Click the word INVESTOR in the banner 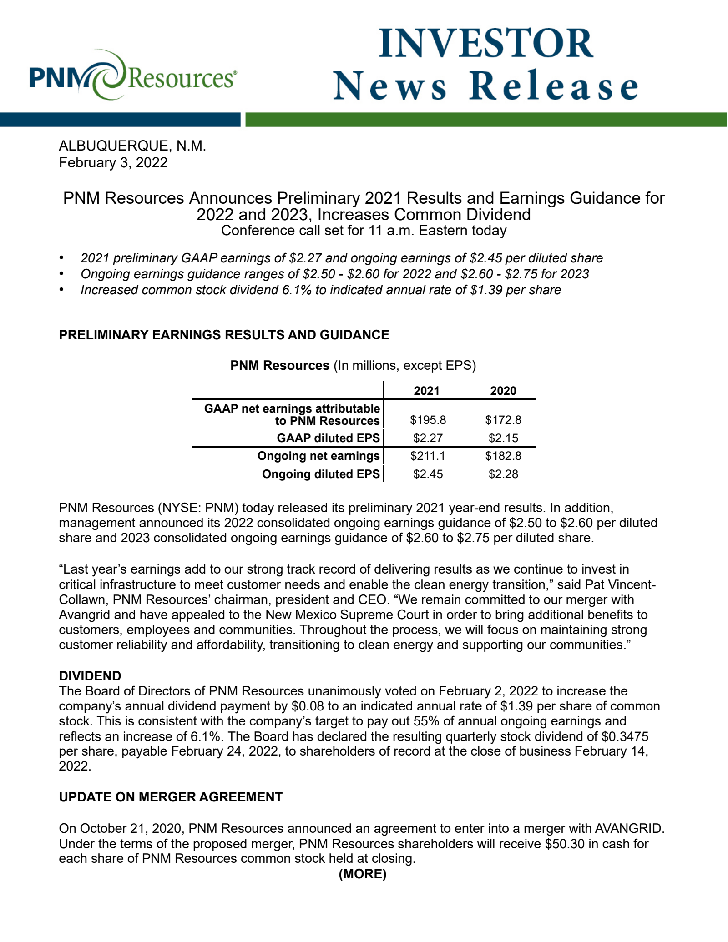coord(486,44)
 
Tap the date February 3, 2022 coord(113,163)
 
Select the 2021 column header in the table coord(427,391)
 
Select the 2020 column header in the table coord(503,391)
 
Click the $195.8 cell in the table coord(428,420)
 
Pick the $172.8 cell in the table coord(503,420)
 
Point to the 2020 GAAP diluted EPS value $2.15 coord(503,438)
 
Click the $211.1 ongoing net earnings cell coord(428,456)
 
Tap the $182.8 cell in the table coord(503,456)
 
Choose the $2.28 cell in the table coord(503,474)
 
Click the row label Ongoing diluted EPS coord(321,474)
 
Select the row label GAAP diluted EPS coord(328,438)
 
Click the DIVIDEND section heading coord(90,676)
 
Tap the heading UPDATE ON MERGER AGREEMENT coord(171,797)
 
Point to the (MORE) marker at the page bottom coord(363,874)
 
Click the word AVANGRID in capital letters coord(629,828)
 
